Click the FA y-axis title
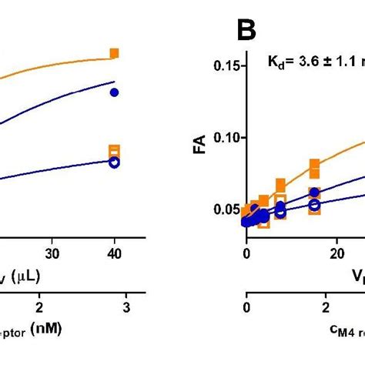(199, 142)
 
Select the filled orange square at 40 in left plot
(114, 53)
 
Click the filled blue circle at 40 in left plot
(114, 92)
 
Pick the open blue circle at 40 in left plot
(114, 162)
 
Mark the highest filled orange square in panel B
(315, 164)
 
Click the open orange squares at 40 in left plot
(114, 151)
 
